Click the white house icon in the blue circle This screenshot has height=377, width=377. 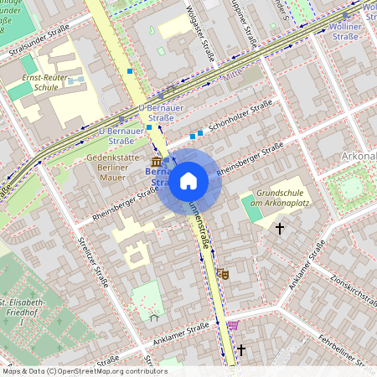tap(188, 180)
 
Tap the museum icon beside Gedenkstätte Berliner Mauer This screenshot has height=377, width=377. tap(156, 161)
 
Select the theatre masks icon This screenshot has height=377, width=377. tap(223, 274)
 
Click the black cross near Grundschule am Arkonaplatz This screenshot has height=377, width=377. tap(280, 227)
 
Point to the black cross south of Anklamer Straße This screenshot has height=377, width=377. tap(241, 349)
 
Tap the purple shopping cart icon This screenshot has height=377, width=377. tap(232, 325)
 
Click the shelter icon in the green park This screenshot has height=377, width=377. tap(153, 317)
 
